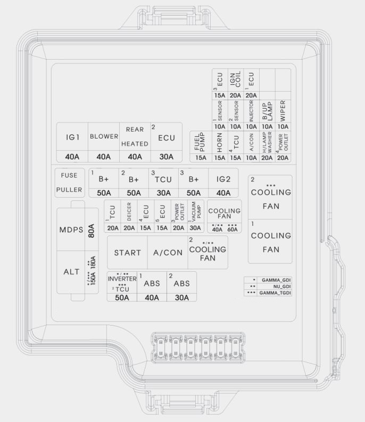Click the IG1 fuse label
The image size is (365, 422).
(73, 137)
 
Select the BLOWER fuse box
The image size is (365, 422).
(104, 137)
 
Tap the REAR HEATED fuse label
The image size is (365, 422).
(135, 136)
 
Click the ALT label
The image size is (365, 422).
(71, 272)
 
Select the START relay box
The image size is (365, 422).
(128, 253)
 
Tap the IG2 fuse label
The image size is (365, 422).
(223, 180)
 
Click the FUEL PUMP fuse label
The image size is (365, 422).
(201, 142)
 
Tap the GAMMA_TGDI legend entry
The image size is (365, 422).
(275, 293)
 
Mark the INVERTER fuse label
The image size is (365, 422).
(122, 279)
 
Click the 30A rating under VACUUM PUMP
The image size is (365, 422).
(195, 228)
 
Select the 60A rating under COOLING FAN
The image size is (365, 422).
(233, 229)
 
